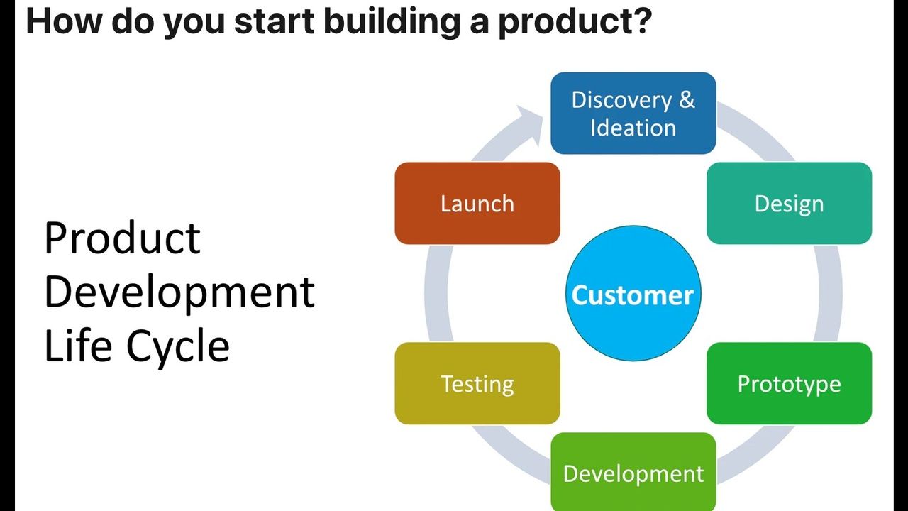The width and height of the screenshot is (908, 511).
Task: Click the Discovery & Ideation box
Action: click(633, 113)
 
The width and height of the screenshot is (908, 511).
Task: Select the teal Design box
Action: click(790, 203)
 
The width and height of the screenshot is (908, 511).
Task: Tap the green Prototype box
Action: click(790, 383)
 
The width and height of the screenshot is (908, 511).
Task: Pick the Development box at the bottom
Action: click(633, 472)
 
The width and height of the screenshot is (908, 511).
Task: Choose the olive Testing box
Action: click(477, 383)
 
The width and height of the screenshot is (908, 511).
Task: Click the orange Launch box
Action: click(477, 203)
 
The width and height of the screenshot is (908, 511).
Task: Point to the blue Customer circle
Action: click(633, 293)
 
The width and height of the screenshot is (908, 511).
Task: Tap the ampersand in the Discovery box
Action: click(687, 100)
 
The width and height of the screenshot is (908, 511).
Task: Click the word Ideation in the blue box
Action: click(633, 128)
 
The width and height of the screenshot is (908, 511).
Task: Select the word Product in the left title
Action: click(122, 238)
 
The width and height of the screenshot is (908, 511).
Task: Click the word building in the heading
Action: click(392, 21)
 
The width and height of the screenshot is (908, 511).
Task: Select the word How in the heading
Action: click(63, 21)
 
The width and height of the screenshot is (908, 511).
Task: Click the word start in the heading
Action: click(275, 22)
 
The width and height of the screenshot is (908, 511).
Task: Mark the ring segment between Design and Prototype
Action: click(831, 293)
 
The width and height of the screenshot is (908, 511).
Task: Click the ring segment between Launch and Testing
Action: click(436, 293)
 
